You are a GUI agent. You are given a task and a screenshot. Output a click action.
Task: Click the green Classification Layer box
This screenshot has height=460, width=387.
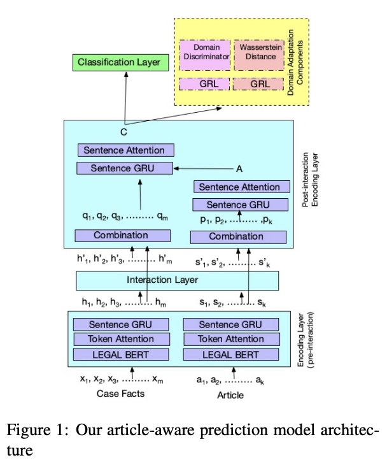(x=120, y=62)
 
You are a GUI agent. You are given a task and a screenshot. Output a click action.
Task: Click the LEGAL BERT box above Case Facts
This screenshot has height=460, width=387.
(x=121, y=354)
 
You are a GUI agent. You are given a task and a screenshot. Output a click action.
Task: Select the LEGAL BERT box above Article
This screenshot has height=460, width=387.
(x=230, y=354)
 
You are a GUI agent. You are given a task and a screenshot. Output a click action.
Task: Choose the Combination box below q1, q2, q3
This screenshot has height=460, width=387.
(x=121, y=236)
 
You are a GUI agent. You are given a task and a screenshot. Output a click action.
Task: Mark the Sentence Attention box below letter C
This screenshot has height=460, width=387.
(x=125, y=150)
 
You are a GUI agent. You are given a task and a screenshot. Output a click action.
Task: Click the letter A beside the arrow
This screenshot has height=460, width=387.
(x=239, y=169)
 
